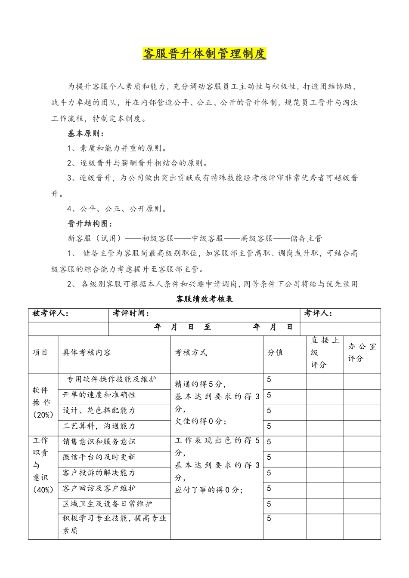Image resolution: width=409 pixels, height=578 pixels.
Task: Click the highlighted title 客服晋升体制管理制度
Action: [204, 54]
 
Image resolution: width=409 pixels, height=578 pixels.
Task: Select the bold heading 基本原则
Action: [85, 133]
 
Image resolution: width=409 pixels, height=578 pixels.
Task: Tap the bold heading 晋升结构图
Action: [90, 224]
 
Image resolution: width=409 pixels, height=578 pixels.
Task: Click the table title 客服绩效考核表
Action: [204, 299]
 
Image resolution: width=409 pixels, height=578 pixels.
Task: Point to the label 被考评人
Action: [50, 314]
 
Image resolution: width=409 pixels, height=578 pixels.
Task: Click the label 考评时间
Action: [131, 314]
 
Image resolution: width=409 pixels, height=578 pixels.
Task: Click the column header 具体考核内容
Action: [87, 353]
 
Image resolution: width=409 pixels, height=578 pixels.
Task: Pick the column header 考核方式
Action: [191, 353]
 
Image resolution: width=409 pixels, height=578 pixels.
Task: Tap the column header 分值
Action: [276, 353]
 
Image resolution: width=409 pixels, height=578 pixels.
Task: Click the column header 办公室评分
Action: [362, 353]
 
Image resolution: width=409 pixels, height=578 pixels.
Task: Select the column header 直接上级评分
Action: [325, 353]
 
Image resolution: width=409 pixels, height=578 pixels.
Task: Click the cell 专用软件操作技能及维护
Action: [111, 379]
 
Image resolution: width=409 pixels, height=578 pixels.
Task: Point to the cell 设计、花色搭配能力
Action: [99, 411]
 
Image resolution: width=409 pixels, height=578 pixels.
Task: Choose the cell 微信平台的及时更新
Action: [99, 457]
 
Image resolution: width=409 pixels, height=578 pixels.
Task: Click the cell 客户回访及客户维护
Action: [99, 489]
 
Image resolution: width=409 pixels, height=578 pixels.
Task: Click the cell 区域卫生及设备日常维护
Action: [107, 504]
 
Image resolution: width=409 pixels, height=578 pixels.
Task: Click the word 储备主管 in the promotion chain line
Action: [306, 238]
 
